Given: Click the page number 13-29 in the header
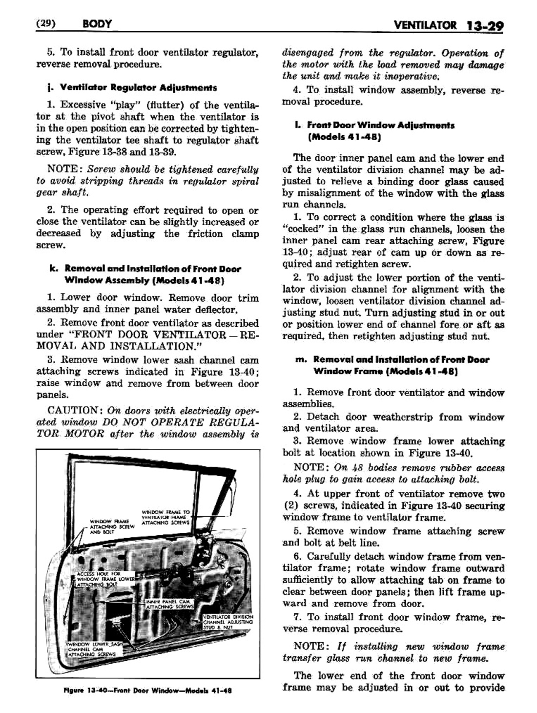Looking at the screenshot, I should (x=483, y=24).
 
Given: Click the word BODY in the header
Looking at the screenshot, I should (x=98, y=23).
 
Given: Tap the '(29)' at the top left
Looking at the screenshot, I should (x=47, y=23).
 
